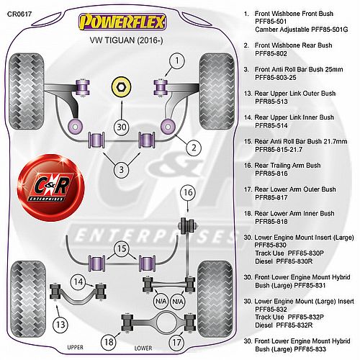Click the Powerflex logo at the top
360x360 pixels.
(x=122, y=22)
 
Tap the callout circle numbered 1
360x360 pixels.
(x=177, y=60)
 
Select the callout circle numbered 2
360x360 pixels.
(x=194, y=148)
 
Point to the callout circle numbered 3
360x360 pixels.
(x=122, y=170)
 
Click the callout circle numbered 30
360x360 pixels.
(x=122, y=127)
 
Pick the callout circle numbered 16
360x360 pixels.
(x=188, y=192)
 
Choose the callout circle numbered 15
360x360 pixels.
(x=122, y=248)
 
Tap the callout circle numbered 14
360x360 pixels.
(x=78, y=282)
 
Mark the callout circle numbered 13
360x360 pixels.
(x=60, y=325)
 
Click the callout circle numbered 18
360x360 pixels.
(x=109, y=342)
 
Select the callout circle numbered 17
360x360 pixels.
(x=176, y=342)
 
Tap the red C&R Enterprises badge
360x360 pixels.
(x=50, y=188)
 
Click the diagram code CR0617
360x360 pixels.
(x=19, y=14)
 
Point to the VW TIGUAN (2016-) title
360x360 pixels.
(x=126, y=40)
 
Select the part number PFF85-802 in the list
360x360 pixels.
(x=271, y=53)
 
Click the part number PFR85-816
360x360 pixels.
(x=271, y=174)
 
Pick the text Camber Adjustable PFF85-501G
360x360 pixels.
(x=302, y=30)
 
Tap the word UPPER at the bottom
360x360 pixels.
(x=75, y=347)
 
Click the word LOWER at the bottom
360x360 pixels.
(x=143, y=348)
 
